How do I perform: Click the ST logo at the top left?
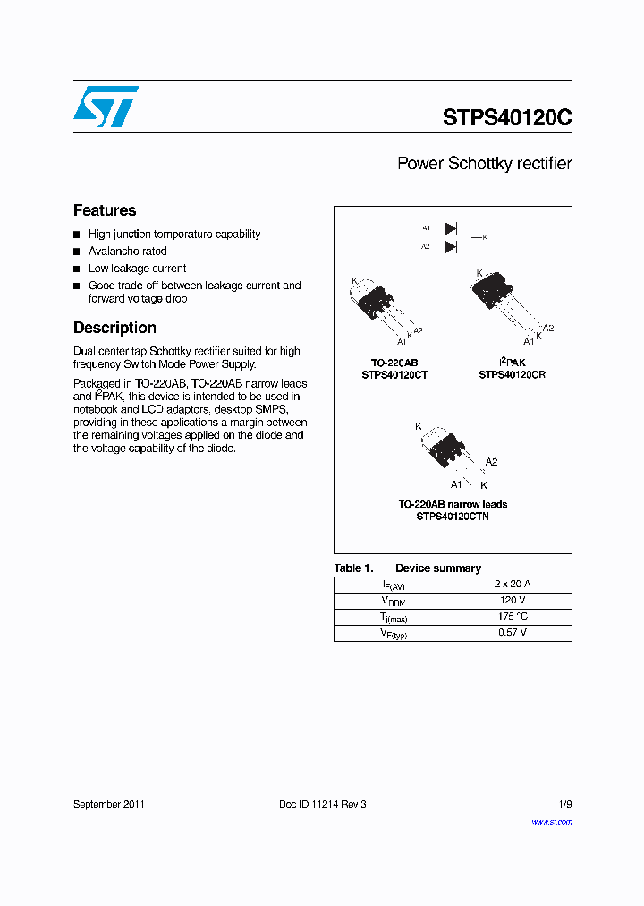pyautogui.click(x=106, y=107)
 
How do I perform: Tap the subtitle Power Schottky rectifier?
pyautogui.click(x=484, y=164)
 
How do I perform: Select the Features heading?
pyautogui.click(x=105, y=210)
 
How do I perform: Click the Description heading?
pyautogui.click(x=114, y=328)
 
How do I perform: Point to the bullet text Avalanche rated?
pyautogui.click(x=127, y=252)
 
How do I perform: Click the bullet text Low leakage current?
pyautogui.click(x=137, y=269)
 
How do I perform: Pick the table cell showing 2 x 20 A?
pyautogui.click(x=512, y=584)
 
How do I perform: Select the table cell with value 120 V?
pyautogui.click(x=512, y=600)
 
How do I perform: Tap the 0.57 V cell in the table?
pyautogui.click(x=512, y=632)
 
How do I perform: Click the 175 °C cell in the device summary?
pyautogui.click(x=512, y=616)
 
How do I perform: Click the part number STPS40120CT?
pyautogui.click(x=394, y=375)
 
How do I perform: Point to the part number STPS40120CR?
pyautogui.click(x=512, y=375)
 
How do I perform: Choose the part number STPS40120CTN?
pyautogui.click(x=453, y=517)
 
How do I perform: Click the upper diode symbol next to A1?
pyautogui.click(x=451, y=228)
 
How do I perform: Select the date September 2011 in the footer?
pyautogui.click(x=109, y=804)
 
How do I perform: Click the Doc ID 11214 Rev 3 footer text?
pyautogui.click(x=322, y=804)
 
